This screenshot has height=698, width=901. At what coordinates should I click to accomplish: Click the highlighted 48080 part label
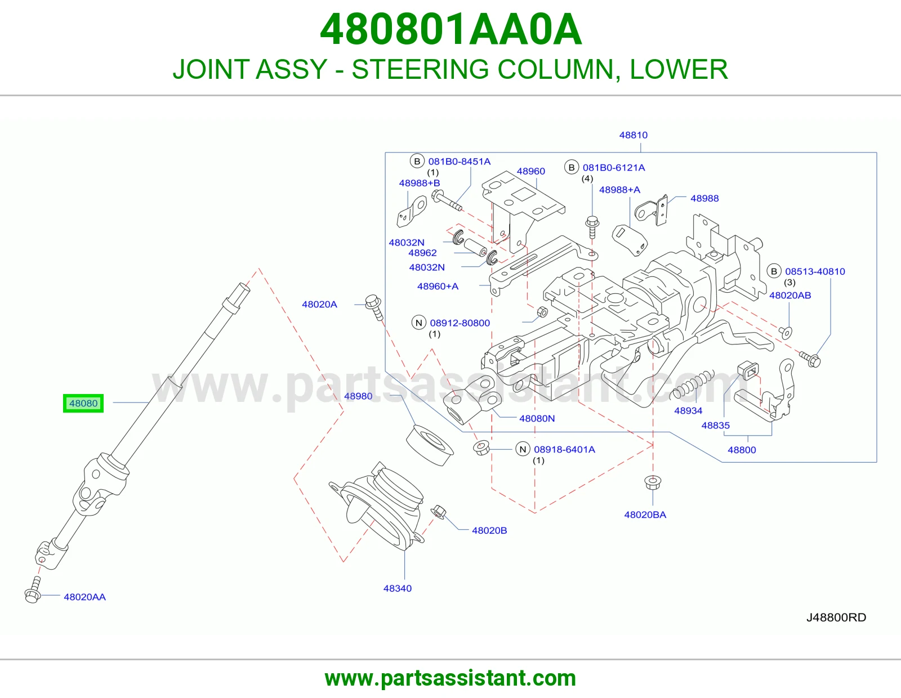point(83,403)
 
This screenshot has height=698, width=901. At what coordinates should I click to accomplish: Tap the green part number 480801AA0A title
point(450,29)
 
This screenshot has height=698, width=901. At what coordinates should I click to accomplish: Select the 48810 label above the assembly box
point(633,135)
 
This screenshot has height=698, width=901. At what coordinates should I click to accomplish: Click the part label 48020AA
point(84,597)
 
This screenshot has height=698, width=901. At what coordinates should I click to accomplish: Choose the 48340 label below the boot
point(397,588)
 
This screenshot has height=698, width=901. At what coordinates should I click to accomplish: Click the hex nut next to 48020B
point(438,512)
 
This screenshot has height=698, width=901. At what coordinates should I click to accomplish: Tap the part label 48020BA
point(645,514)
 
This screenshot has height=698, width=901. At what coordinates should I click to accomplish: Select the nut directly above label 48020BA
point(653,482)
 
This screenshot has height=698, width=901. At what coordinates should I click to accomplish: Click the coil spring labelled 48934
point(692,385)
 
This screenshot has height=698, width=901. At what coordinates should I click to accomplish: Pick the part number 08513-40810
point(815,271)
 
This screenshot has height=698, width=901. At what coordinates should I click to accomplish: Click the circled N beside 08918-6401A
point(523,449)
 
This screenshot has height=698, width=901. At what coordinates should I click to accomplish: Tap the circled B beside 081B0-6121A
point(572,167)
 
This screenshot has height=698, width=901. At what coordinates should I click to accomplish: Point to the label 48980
point(358,396)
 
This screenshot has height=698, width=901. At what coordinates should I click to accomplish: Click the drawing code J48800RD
point(836,617)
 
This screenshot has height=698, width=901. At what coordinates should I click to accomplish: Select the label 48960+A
point(438,286)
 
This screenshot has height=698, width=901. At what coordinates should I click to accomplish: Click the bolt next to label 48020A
point(374,307)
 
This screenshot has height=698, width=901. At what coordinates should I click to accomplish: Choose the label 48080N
point(537,418)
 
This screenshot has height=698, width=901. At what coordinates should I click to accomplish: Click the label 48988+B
point(419,183)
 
